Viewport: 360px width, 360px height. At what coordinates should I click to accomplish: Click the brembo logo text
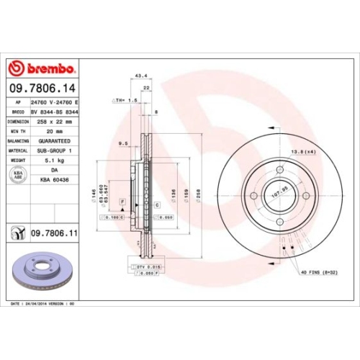click(x=48, y=68)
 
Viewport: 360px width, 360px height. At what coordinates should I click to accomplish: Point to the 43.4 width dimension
click(x=142, y=75)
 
